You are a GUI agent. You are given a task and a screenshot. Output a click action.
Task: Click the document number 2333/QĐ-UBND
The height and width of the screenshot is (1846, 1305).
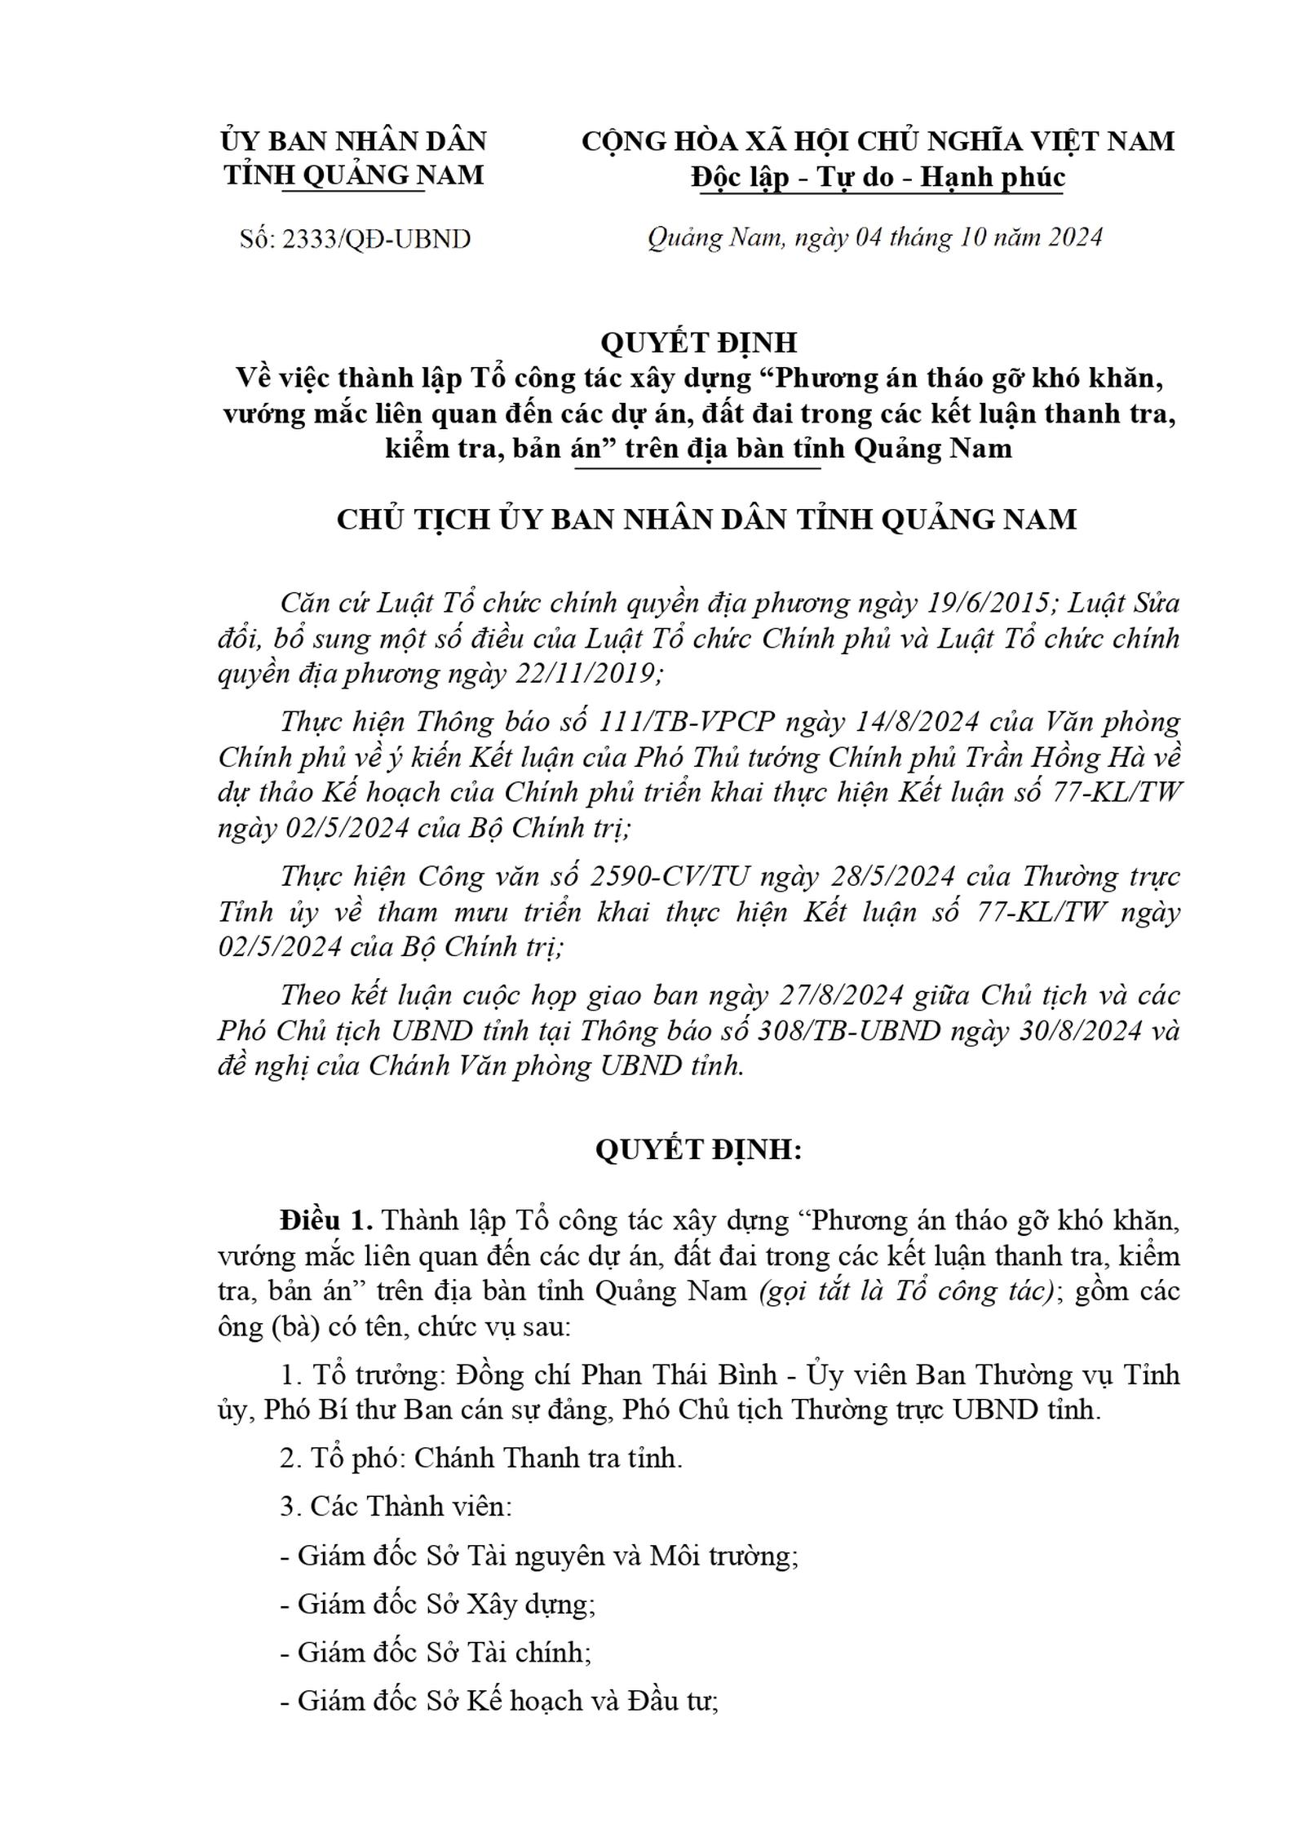coord(376,239)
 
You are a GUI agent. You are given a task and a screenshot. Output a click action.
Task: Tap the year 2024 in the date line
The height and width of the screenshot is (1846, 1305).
coord(1075,237)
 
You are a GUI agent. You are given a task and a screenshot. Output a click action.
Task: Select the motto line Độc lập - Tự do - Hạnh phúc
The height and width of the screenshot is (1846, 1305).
coord(878,177)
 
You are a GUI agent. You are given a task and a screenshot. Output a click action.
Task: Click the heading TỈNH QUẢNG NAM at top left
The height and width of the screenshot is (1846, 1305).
coord(354,175)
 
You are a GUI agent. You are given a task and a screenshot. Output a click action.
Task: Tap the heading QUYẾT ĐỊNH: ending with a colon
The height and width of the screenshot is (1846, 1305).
coord(698,1149)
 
